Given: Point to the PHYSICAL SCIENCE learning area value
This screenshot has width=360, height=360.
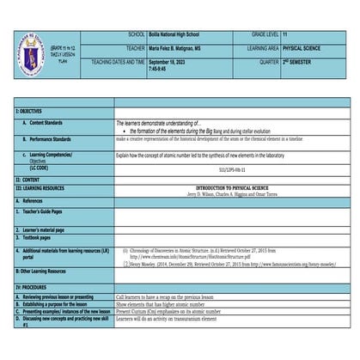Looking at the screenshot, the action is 301,48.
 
